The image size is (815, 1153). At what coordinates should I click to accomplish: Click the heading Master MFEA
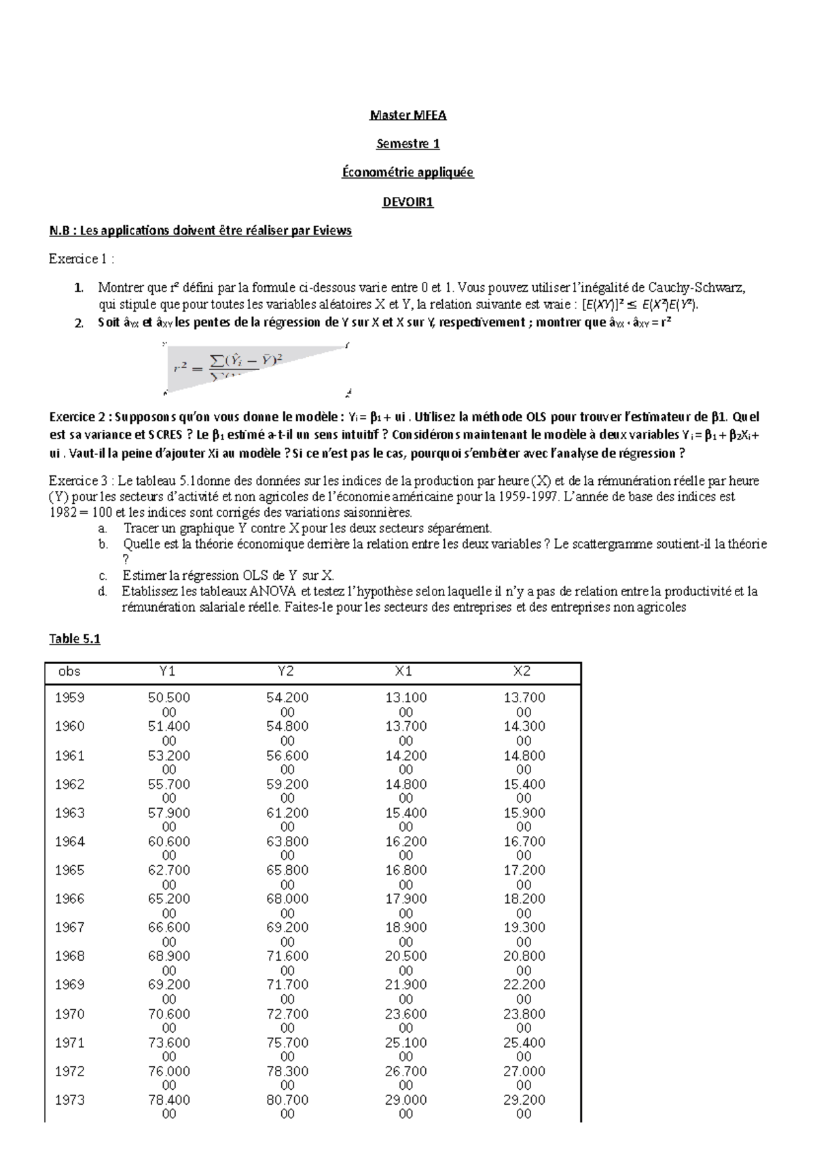click(x=407, y=115)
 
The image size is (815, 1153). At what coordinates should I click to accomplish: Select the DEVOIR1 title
click(x=407, y=202)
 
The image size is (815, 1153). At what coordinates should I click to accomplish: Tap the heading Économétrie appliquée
click(x=407, y=172)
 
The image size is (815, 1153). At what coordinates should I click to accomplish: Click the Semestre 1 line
click(x=407, y=144)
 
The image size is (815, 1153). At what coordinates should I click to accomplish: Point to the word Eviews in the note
click(x=333, y=231)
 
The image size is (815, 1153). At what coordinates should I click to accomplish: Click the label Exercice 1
click(x=78, y=259)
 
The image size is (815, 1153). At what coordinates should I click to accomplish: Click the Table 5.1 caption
click(x=75, y=639)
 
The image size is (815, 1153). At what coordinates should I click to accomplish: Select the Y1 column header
click(x=168, y=672)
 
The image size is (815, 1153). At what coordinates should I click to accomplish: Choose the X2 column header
click(x=522, y=672)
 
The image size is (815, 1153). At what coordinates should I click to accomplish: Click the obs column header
click(x=69, y=672)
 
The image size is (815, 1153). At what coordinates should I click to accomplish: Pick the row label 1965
click(x=69, y=871)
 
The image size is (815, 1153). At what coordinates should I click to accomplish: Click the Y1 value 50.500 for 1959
click(x=168, y=698)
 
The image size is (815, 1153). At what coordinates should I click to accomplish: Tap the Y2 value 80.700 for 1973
click(x=287, y=1100)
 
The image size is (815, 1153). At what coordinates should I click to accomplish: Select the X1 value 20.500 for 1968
click(x=405, y=956)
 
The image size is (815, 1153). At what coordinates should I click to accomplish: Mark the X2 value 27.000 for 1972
click(x=524, y=1072)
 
